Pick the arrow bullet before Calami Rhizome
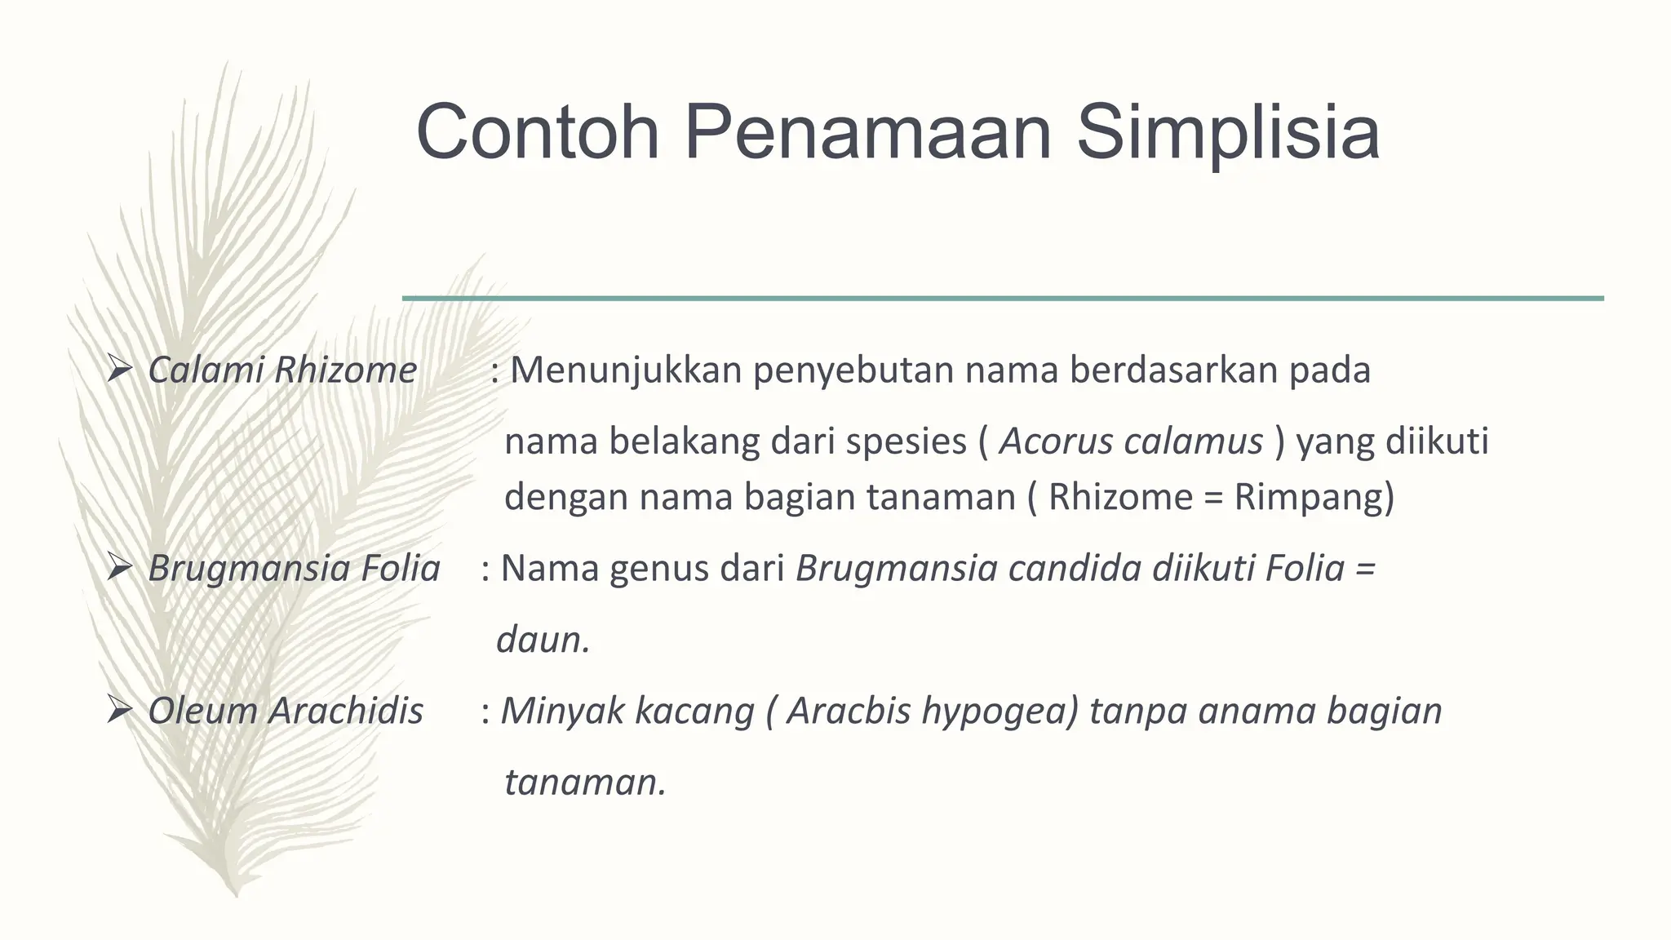tap(119, 371)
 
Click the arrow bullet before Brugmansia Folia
tap(119, 569)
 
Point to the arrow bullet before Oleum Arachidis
tap(119, 712)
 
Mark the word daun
tap(542, 640)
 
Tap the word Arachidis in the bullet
tap(347, 711)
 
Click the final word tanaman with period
tap(584, 783)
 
